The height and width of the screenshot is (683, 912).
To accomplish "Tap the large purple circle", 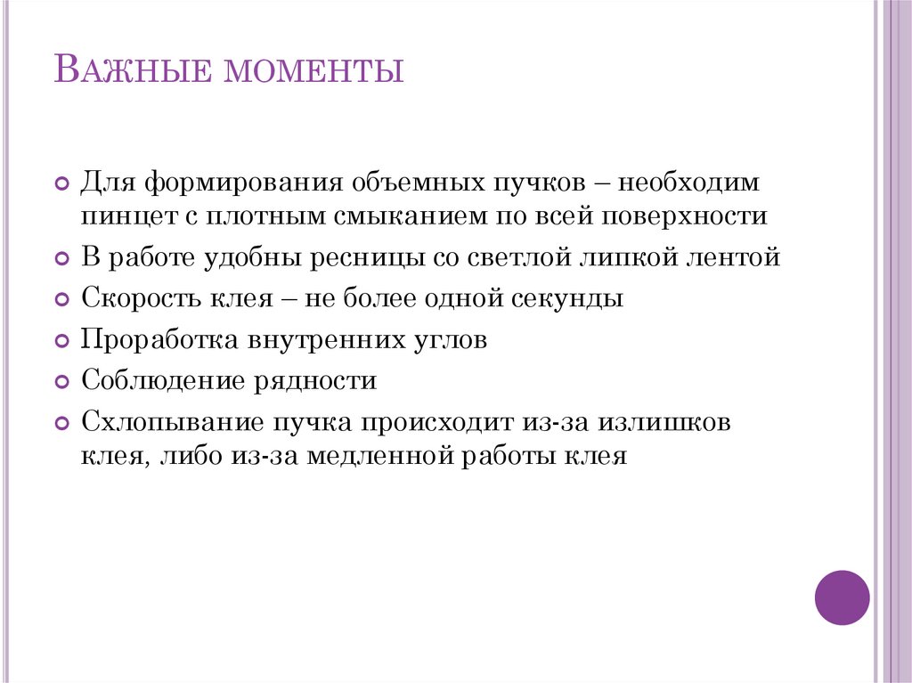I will (x=842, y=597).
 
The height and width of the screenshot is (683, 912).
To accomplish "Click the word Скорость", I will (x=135, y=298).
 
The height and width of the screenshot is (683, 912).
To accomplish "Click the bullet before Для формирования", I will (x=61, y=185).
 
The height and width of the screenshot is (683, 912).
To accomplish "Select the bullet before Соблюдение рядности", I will (x=61, y=383).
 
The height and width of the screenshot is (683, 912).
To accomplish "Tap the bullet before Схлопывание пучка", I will (x=61, y=424).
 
